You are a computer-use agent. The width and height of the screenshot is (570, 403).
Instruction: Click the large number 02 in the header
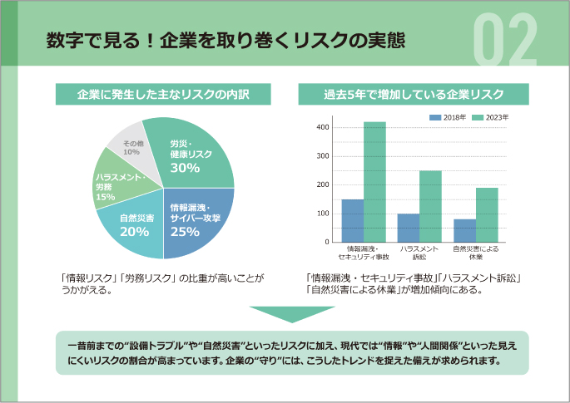pos(506,40)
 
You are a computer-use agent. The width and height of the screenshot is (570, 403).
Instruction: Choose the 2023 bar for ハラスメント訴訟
pos(430,206)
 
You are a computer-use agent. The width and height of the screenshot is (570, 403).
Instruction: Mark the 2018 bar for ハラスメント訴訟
pos(409,228)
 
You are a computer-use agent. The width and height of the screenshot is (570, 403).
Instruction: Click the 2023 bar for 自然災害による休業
pos(487,214)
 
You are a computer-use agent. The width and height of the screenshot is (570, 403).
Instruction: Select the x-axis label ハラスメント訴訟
pos(419,253)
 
